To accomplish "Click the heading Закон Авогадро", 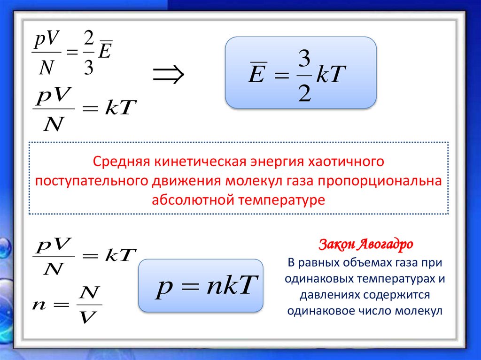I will (366, 245).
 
